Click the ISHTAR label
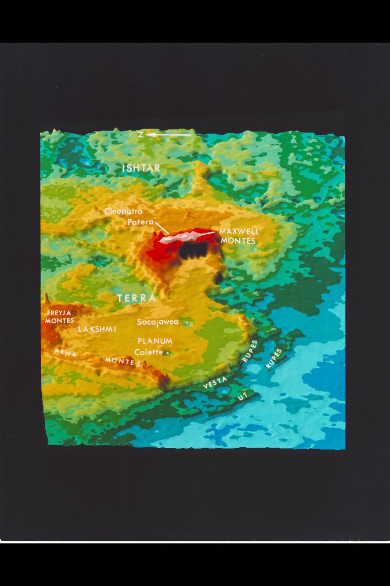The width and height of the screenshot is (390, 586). tap(141, 168)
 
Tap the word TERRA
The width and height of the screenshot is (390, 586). tap(136, 298)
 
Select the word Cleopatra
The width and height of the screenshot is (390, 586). tap(123, 212)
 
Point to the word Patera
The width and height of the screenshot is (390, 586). tap(140, 222)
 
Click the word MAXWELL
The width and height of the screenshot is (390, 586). tap(239, 232)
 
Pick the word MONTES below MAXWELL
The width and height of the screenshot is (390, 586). tap(237, 240)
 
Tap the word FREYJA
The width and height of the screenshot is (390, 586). tap(59, 313)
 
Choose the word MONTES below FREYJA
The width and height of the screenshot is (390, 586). tap(59, 320)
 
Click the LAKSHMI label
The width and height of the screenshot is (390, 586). tap(97, 329)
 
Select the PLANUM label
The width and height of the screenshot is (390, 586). tap(155, 341)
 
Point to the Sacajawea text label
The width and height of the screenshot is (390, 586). tap(158, 322)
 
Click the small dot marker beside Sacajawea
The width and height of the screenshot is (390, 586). tap(187, 323)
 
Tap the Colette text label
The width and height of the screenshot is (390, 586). tap(149, 352)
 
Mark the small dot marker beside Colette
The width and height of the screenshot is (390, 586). tap(168, 353)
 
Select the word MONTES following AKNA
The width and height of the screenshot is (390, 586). tap(123, 362)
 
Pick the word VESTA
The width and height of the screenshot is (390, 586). tap(215, 383)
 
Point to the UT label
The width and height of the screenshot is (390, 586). tap(242, 397)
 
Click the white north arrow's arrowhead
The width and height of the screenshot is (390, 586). tap(150, 135)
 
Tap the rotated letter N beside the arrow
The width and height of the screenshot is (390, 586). tap(141, 135)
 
